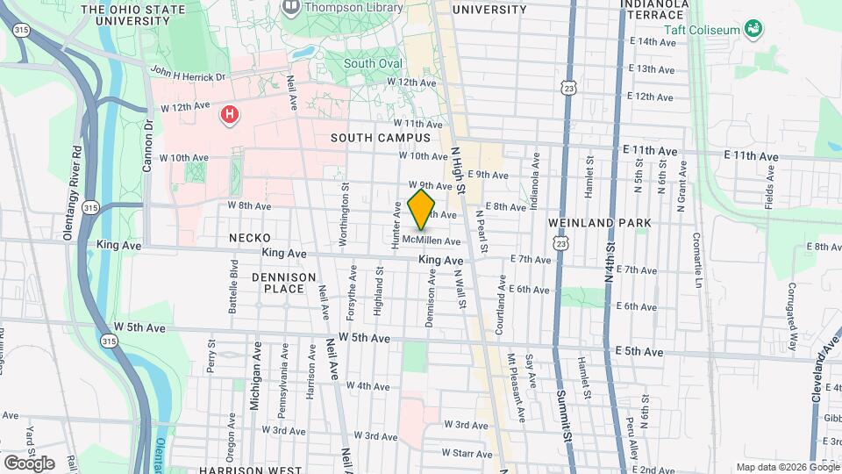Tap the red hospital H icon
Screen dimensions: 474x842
(230, 114)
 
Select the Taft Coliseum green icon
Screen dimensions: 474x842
(753, 30)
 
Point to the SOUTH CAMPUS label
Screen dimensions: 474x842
(381, 138)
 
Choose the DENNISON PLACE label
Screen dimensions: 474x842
(283, 283)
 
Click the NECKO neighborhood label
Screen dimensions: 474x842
(250, 238)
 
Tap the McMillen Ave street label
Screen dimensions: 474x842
(432, 241)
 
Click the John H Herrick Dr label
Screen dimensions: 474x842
(188, 75)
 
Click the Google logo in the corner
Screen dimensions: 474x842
(28, 463)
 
